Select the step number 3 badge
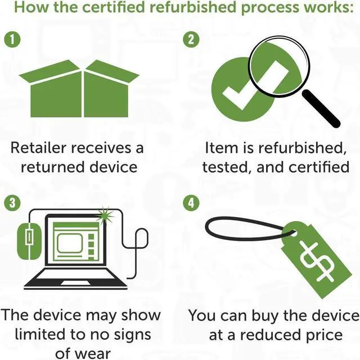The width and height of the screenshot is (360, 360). [10, 202]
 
